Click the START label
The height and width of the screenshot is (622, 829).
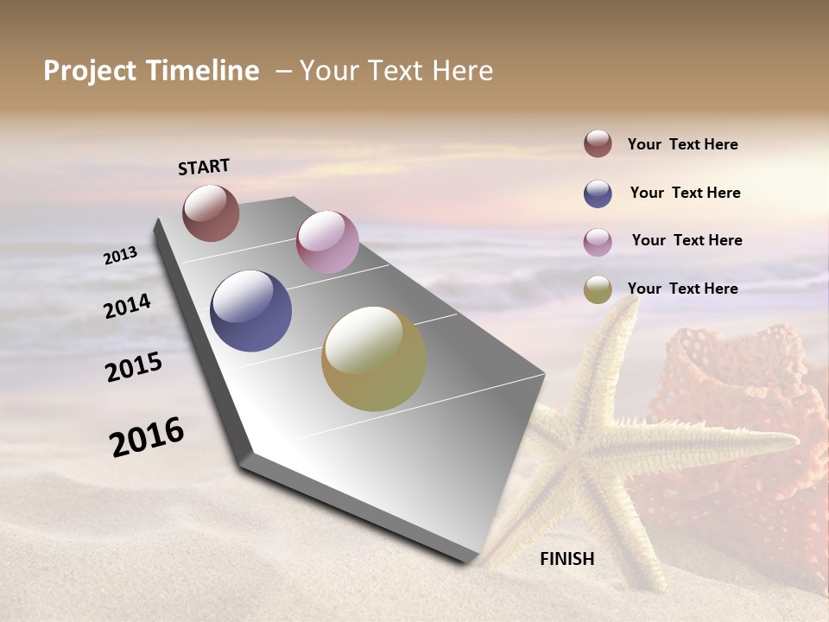pyautogui.click(x=204, y=167)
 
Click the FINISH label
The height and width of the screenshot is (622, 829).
pyautogui.click(x=567, y=559)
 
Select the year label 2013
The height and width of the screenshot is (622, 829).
pyautogui.click(x=121, y=256)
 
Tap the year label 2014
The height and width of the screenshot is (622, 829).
pyautogui.click(x=127, y=306)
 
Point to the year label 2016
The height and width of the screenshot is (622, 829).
pyautogui.click(x=147, y=436)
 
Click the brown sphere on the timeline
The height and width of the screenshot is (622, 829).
pyautogui.click(x=211, y=213)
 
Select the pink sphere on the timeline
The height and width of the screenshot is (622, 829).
pyautogui.click(x=327, y=242)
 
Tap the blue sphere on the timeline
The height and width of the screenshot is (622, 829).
pyautogui.click(x=250, y=311)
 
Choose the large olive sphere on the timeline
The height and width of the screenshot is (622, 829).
pyautogui.click(x=374, y=359)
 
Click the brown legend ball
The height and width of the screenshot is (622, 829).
pyautogui.click(x=598, y=143)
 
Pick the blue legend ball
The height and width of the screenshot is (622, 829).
pyautogui.click(x=598, y=194)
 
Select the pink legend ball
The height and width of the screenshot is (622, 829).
pyautogui.click(x=598, y=242)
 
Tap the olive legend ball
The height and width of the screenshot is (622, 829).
pyautogui.click(x=598, y=289)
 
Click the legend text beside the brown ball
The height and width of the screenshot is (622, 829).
pyautogui.click(x=682, y=144)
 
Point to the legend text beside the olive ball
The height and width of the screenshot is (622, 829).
pyautogui.click(x=682, y=289)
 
